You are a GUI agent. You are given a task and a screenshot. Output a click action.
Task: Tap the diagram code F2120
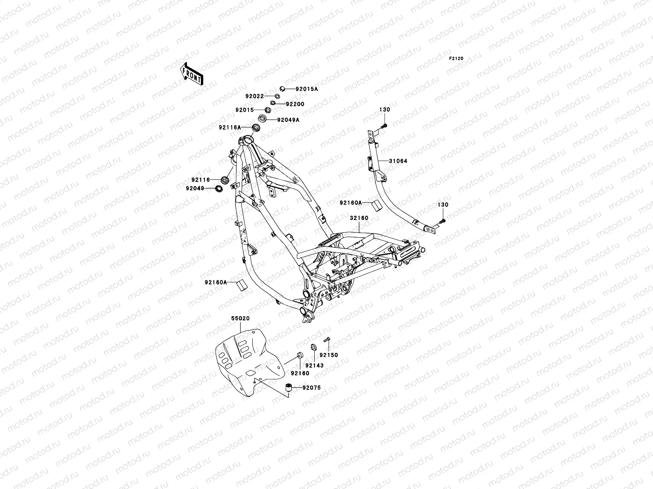tap(456, 59)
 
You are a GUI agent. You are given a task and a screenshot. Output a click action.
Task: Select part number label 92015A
tap(307, 89)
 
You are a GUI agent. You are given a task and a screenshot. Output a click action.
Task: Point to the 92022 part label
tap(254, 96)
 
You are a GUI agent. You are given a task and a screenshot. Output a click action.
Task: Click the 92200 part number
tap(295, 104)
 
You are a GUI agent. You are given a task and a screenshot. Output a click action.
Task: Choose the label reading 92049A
tap(288, 120)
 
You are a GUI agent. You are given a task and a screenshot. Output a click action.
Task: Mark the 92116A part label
tap(230, 128)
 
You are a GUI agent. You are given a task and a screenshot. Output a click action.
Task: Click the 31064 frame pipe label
tap(398, 161)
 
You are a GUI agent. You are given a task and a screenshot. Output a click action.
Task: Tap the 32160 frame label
tap(359, 218)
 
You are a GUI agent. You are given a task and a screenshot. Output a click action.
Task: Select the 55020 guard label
tap(240, 318)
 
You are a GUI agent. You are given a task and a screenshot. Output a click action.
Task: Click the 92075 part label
tap(312, 388)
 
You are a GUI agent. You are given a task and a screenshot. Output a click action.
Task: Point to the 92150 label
tap(329, 355)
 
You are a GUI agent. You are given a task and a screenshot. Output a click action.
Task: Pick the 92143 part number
tap(314, 366)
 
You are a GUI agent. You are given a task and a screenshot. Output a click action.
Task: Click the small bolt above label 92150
tap(327, 339)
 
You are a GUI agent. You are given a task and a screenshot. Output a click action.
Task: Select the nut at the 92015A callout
tap(282, 88)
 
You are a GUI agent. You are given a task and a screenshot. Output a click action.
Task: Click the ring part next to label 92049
tap(219, 188)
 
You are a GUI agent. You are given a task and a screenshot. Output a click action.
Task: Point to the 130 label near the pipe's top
tap(385, 110)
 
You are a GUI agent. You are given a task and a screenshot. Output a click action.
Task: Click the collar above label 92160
tap(300, 355)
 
